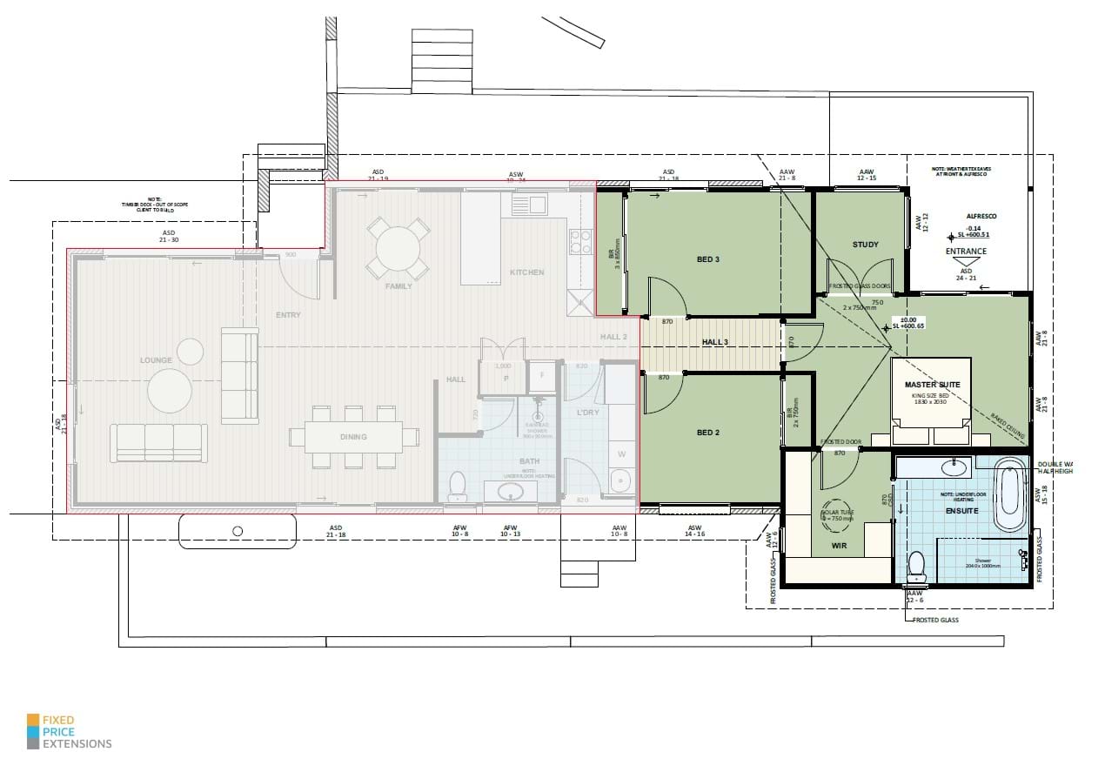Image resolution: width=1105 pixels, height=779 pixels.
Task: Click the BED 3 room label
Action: point(707,259)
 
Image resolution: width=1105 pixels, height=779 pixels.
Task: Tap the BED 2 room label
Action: point(707,433)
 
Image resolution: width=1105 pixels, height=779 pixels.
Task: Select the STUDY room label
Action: point(865,245)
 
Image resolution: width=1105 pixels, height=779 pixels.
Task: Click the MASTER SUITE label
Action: point(930,384)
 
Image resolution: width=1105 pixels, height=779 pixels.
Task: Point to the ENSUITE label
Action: point(962,511)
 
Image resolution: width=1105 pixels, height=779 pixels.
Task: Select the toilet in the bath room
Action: point(458,487)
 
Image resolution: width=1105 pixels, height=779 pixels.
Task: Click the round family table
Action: point(398,249)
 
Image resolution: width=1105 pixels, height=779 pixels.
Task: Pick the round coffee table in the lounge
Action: point(169,391)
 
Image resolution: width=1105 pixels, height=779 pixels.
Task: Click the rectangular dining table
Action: point(353,437)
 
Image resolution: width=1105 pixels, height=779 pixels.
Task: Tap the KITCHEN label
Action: point(526,272)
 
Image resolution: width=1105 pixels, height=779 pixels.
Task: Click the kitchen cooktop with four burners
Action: point(579,241)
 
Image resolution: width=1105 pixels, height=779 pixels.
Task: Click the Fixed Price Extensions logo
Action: point(70,732)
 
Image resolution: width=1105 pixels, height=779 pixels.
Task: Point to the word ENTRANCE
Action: point(966,252)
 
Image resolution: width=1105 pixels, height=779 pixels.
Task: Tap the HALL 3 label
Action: point(715,342)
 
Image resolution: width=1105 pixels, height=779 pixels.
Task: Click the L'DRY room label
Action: point(588,413)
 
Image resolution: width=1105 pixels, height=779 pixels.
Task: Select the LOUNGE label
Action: point(156,359)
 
